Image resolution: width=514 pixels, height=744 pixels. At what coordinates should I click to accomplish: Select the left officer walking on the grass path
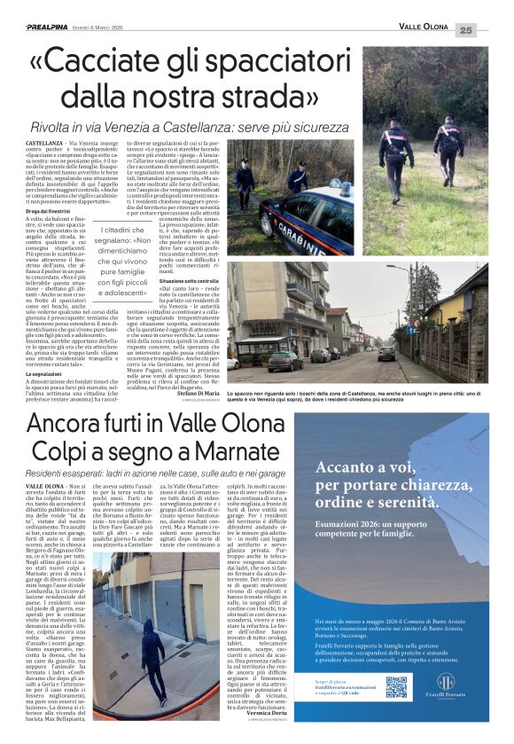point(396,151)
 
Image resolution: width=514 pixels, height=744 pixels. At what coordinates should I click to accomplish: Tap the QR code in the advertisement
point(396,686)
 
